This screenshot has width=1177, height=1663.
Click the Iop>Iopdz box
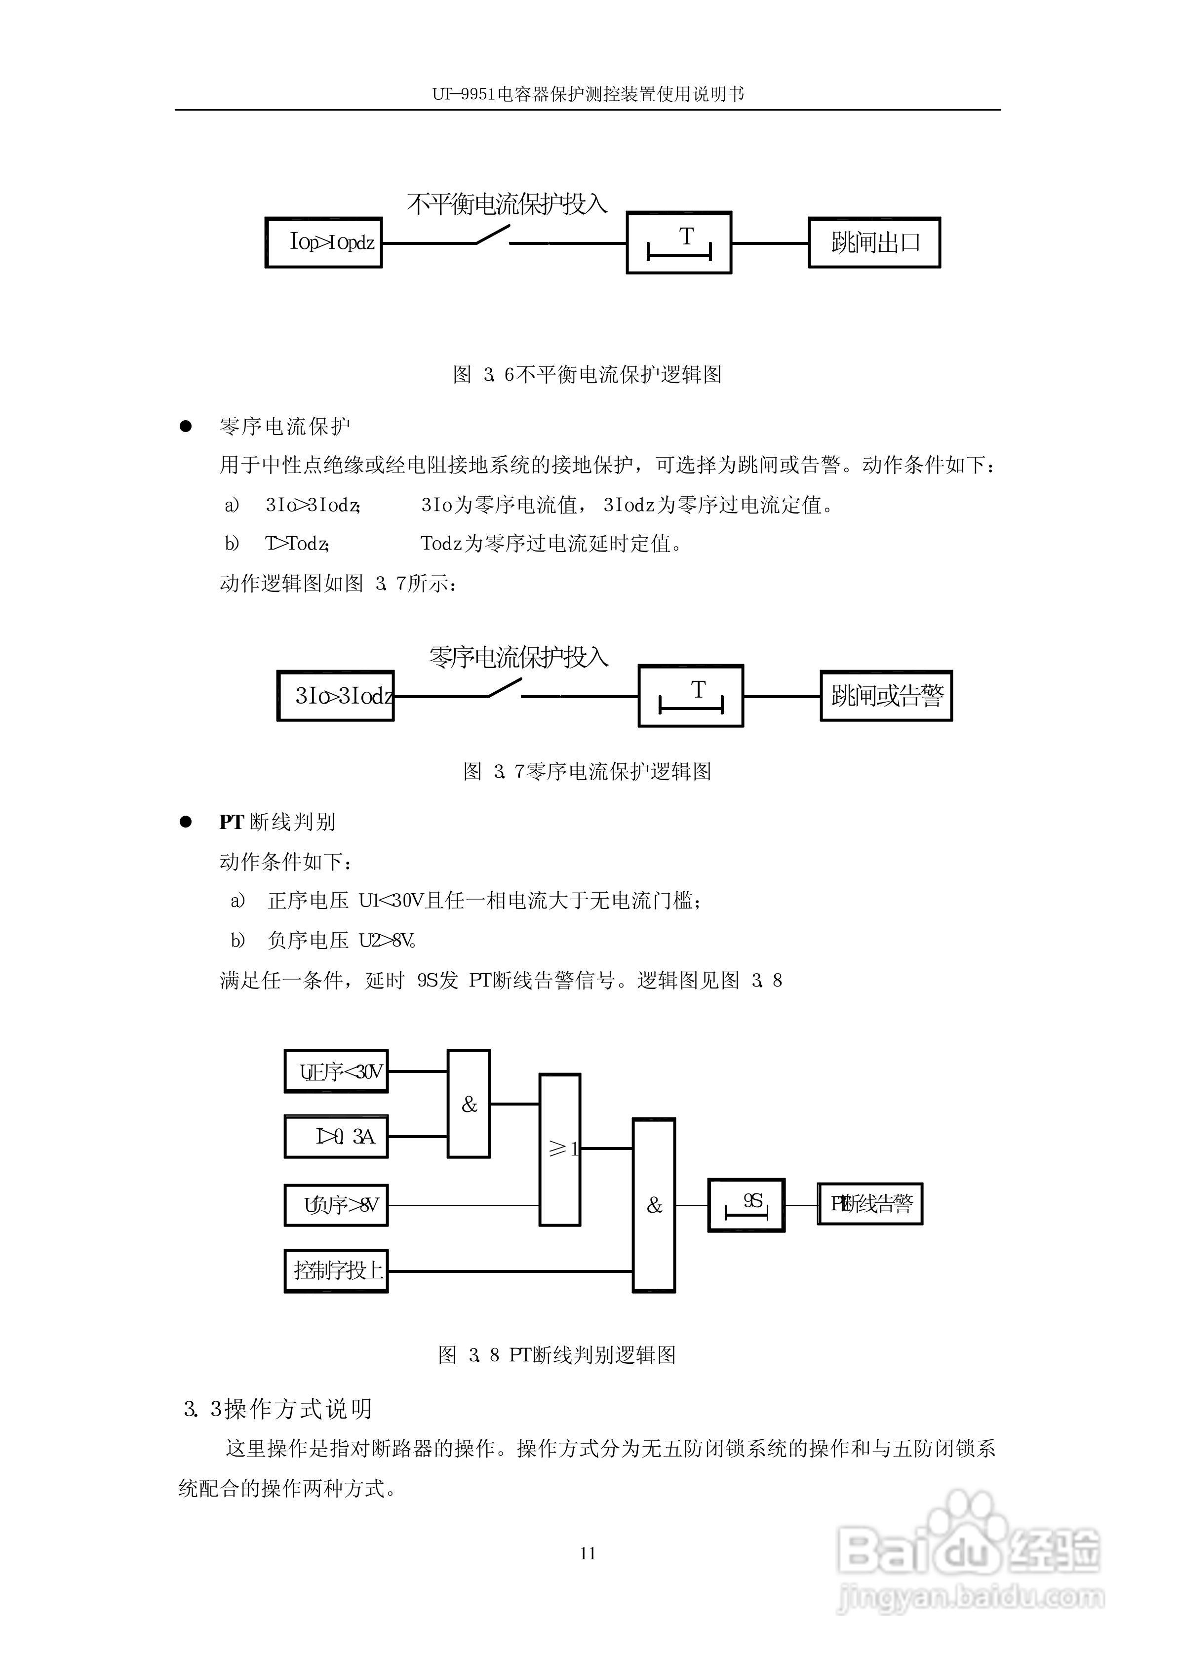pyautogui.click(x=323, y=242)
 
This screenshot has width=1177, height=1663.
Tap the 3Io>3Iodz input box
pyautogui.click(x=336, y=696)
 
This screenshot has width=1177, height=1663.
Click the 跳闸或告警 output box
pyautogui.click(x=886, y=696)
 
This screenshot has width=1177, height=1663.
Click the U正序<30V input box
pyautogui.click(x=336, y=1071)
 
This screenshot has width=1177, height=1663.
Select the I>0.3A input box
pyautogui.click(x=336, y=1136)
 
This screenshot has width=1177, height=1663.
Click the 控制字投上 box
pyautogui.click(x=336, y=1270)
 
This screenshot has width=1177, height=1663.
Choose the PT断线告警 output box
pyautogui.click(x=870, y=1204)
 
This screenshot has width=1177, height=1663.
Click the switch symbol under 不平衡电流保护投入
pyautogui.click(x=493, y=236)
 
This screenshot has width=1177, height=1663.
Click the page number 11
pyautogui.click(x=588, y=1553)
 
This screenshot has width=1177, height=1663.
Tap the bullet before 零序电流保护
pyautogui.click(x=186, y=426)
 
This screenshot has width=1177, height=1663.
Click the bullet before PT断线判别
pyautogui.click(x=186, y=822)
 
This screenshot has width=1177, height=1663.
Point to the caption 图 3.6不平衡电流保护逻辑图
pyautogui.click(x=587, y=375)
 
